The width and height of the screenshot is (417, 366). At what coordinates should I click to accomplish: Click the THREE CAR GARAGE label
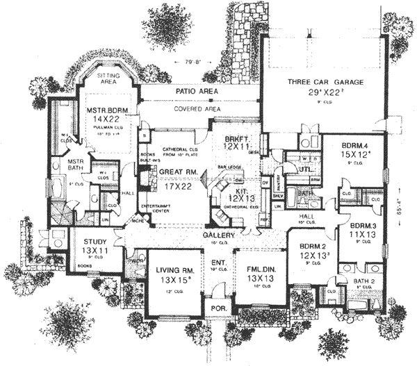pyautogui.click(x=322, y=82)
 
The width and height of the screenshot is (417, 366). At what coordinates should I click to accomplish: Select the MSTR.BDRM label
pyautogui.click(x=105, y=110)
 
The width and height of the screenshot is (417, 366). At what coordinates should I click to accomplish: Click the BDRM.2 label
pyautogui.click(x=311, y=246)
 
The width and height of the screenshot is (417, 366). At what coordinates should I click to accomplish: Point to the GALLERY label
pyautogui.click(x=218, y=235)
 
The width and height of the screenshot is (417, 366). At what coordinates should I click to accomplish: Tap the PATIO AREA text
pyautogui.click(x=196, y=92)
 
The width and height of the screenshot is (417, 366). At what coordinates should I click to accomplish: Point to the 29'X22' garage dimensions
pyautogui.click(x=322, y=92)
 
